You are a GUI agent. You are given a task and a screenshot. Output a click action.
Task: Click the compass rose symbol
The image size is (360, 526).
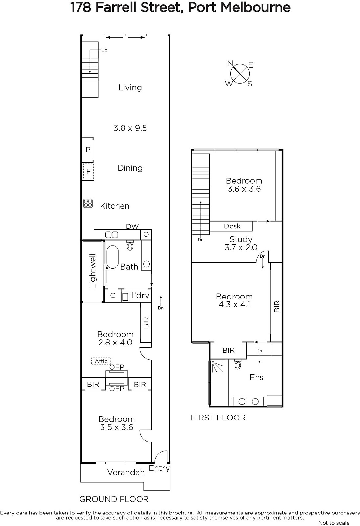(x=239, y=74)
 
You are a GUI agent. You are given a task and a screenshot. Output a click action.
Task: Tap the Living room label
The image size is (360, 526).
(x=130, y=88)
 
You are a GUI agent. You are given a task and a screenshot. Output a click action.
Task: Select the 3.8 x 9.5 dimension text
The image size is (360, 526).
(x=130, y=128)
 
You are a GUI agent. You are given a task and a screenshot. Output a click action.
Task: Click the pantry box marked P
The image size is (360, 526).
(x=87, y=150)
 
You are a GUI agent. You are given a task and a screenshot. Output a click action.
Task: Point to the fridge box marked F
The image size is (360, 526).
(x=88, y=171)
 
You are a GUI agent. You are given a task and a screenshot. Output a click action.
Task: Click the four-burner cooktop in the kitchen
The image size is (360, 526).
(x=88, y=203)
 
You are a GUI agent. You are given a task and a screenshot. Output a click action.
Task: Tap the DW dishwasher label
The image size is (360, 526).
(x=132, y=226)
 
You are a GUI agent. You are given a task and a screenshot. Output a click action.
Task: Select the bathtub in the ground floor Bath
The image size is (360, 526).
(x=112, y=257)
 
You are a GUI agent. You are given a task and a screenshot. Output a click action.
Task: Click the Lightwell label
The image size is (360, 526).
(x=93, y=271)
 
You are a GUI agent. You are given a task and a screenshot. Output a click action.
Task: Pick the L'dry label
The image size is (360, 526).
(x=140, y=295)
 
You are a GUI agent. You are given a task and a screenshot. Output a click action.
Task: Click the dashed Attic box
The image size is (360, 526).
(x=101, y=361)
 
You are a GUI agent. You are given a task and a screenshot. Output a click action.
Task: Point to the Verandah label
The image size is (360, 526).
(x=126, y=472)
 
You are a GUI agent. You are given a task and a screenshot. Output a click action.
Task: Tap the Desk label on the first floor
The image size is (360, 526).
(x=232, y=226)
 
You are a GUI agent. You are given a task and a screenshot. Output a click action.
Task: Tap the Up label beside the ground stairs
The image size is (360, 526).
(x=104, y=50)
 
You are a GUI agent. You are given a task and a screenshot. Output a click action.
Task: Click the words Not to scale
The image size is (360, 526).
(x=334, y=523)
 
